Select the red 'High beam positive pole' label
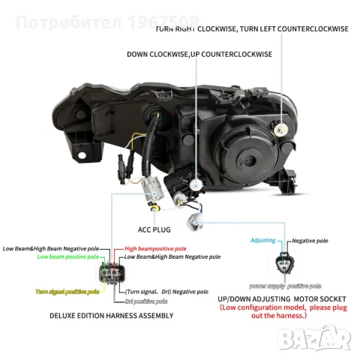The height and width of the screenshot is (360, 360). (x=155, y=247)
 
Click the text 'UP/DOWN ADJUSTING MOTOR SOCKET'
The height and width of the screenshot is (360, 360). (x=286, y=298)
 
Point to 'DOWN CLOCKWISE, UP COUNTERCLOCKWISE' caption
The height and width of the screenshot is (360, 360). (x=199, y=55)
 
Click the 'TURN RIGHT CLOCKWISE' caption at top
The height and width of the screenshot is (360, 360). (x=196, y=28)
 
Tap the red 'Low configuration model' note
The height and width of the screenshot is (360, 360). (x=285, y=312)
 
